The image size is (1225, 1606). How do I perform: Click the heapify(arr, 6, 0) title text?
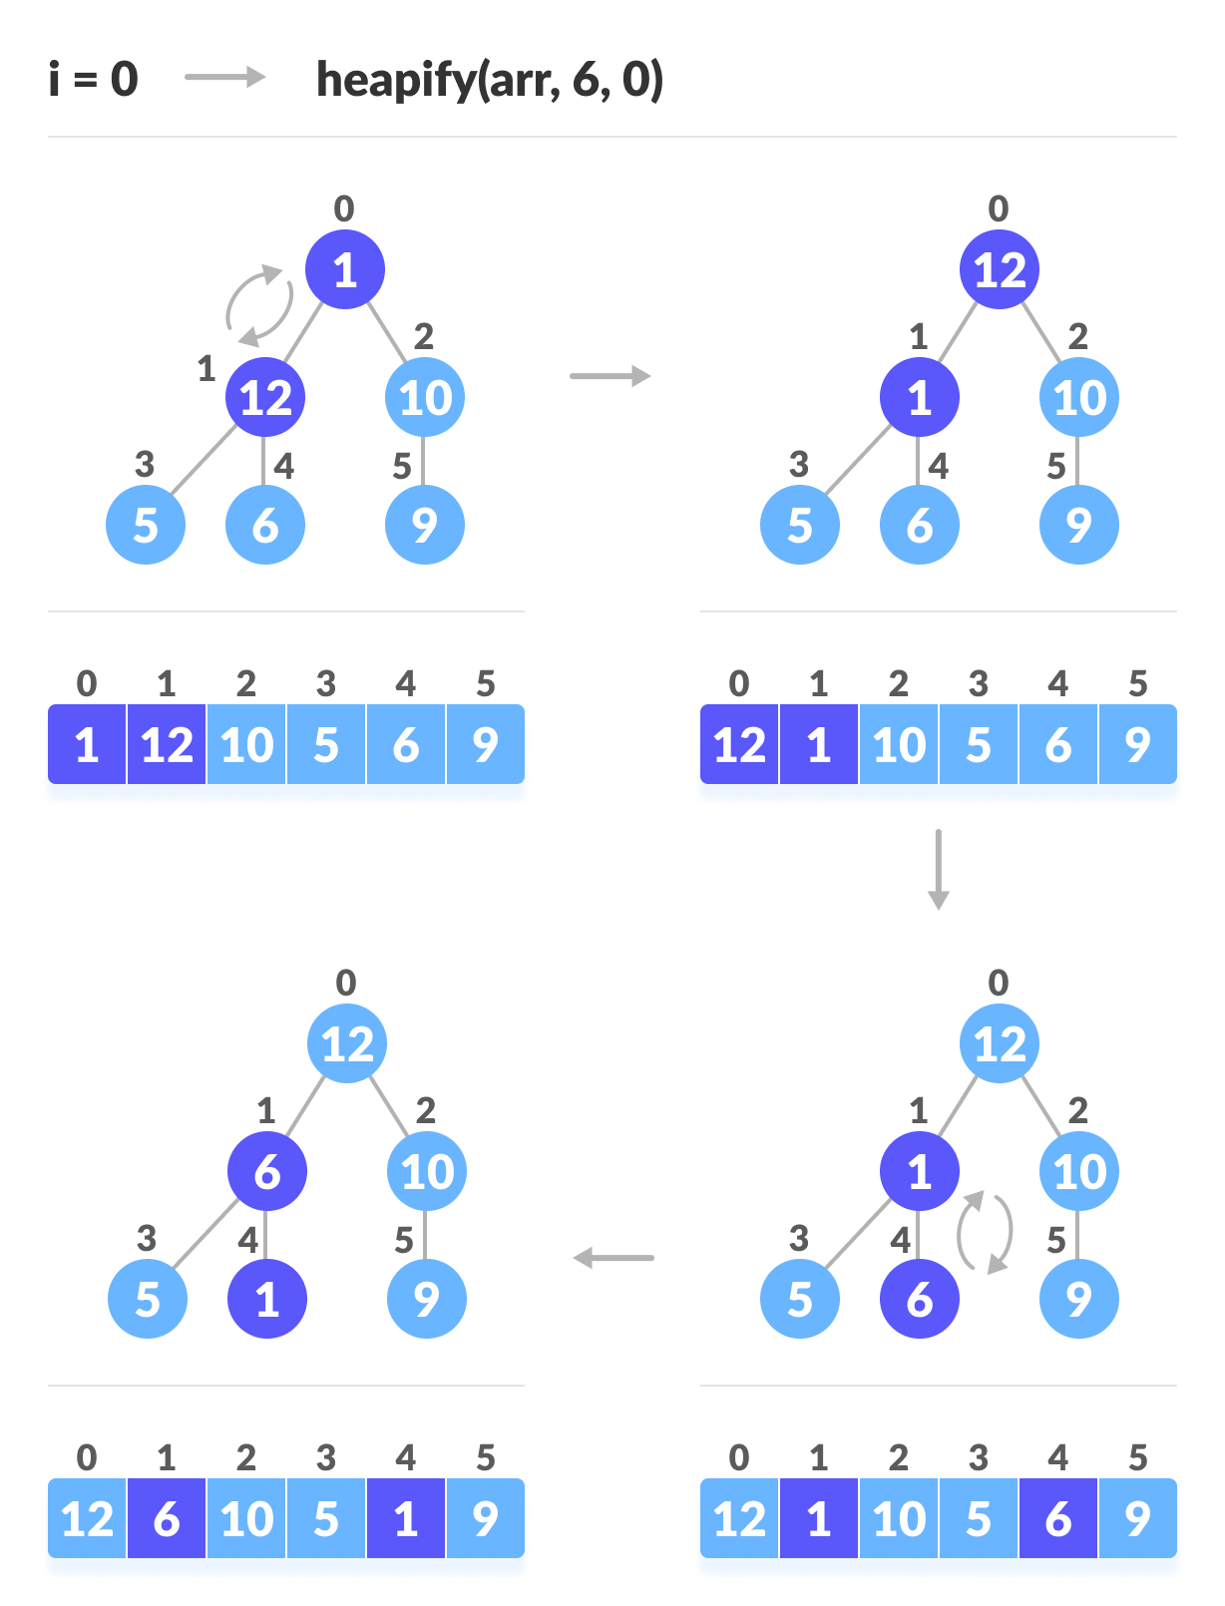[x=489, y=80]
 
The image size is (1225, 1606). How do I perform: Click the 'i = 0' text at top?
[x=93, y=80]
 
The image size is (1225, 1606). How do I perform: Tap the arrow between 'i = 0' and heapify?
[x=225, y=78]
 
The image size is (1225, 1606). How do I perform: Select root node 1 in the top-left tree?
[x=345, y=269]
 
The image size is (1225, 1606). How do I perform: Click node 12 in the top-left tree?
[x=265, y=397]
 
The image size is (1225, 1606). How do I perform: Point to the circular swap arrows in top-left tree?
[x=259, y=305]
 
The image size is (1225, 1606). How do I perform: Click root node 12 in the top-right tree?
[x=1000, y=269]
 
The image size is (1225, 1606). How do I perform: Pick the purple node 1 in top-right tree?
[x=920, y=397]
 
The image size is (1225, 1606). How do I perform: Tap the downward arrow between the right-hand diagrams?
[x=938, y=869]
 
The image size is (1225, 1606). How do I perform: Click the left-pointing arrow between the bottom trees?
[x=613, y=1258]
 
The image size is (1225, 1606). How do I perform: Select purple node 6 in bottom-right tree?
[x=920, y=1299]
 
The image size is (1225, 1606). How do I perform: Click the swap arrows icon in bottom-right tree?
[x=986, y=1232]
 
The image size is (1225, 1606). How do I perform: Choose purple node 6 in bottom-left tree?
[x=267, y=1171]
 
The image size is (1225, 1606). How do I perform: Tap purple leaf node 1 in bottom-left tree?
[x=267, y=1299]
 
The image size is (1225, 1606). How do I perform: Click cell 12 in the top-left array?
[x=167, y=745]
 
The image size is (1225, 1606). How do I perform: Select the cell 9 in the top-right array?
[x=1137, y=745]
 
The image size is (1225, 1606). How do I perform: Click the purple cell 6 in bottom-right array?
[x=1057, y=1519]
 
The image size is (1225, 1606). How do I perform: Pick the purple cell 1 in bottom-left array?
[x=405, y=1519]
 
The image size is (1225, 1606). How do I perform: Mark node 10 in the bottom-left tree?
[x=427, y=1171]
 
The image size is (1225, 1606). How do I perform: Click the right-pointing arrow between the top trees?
[x=610, y=376]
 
